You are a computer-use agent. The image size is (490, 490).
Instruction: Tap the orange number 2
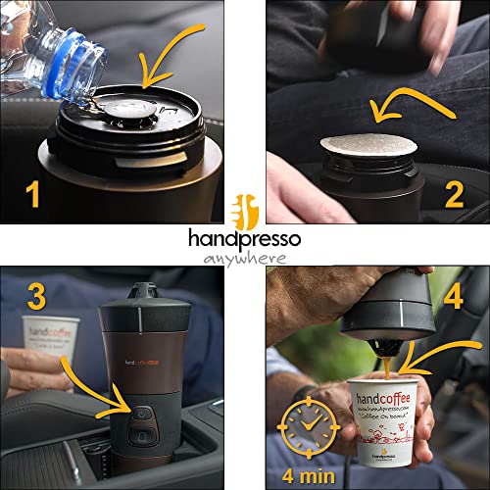point(453,195)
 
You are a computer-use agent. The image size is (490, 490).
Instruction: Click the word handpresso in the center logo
point(244,238)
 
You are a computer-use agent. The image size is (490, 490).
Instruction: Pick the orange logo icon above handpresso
point(244,210)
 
